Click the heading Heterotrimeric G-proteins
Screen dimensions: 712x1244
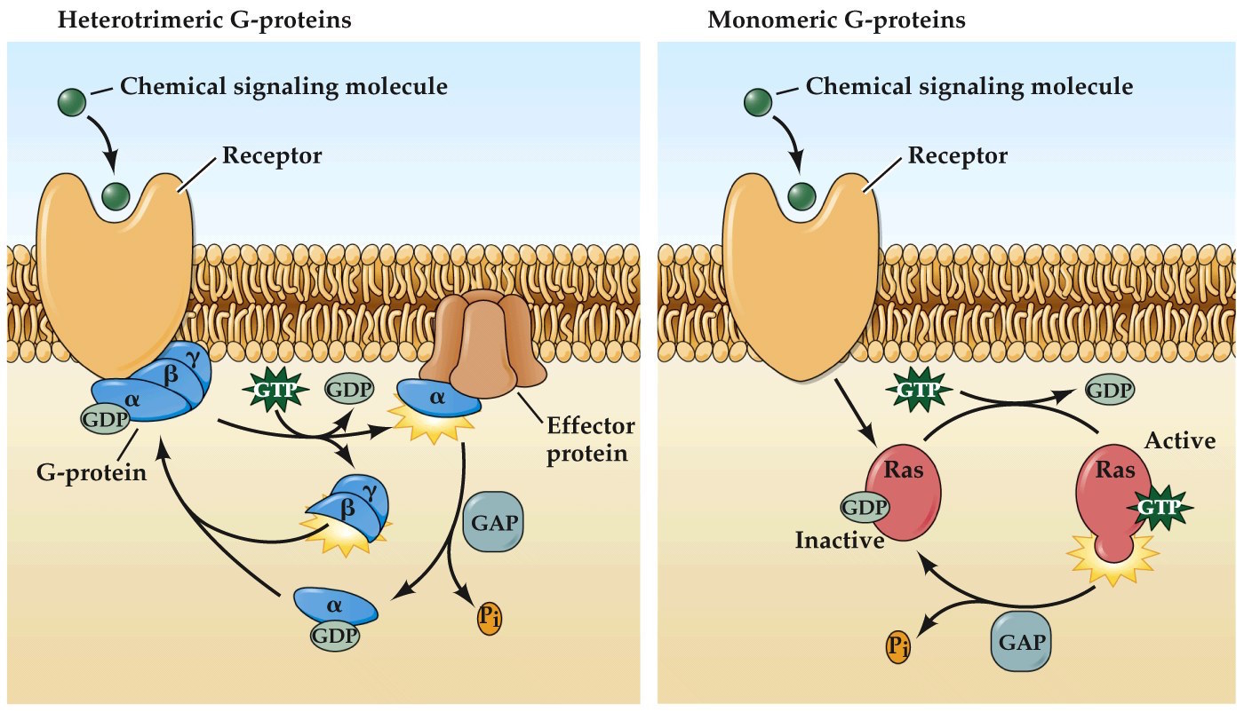pyautogui.click(x=203, y=20)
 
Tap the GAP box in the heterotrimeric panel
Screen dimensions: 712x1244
pyautogui.click(x=492, y=521)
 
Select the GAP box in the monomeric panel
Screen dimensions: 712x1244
pyautogui.click(x=1019, y=641)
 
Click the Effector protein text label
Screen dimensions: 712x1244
pyautogui.click(x=591, y=439)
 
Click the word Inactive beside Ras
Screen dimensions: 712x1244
pyautogui.click(x=840, y=540)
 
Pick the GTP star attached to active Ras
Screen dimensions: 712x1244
pyautogui.click(x=1160, y=506)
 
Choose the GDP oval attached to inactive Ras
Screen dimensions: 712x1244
pyautogui.click(x=864, y=508)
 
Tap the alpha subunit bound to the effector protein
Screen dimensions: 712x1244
pyautogui.click(x=436, y=398)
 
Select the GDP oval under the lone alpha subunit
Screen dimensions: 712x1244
pyautogui.click(x=335, y=635)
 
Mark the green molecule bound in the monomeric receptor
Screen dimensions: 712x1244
pyautogui.click(x=801, y=195)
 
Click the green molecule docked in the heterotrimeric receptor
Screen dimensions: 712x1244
pyautogui.click(x=116, y=194)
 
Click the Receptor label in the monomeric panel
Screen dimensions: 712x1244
pyautogui.click(x=957, y=157)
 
